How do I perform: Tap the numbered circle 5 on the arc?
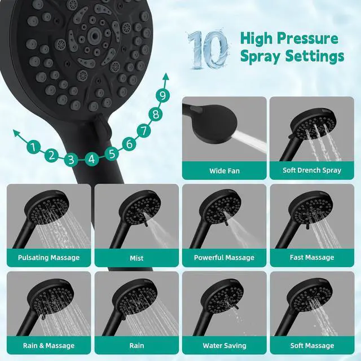(112, 153)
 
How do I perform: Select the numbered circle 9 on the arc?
(162, 95)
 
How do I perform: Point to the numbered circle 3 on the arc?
(71, 160)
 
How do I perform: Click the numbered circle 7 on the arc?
(144, 131)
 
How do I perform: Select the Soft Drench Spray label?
(312, 170)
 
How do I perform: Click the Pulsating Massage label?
(49, 258)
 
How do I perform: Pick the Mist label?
(137, 258)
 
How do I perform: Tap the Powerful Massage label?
(224, 258)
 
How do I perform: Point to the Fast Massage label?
(312, 258)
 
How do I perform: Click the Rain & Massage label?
(49, 345)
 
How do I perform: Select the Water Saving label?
(224, 345)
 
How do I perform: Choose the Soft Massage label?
(312, 345)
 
